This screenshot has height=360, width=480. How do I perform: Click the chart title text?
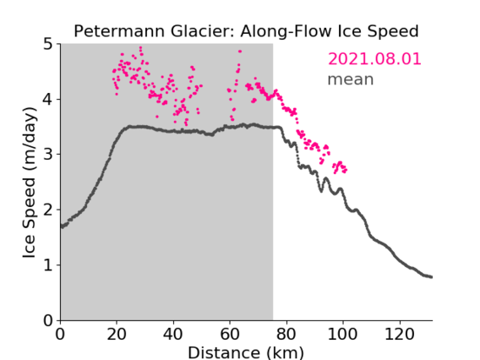pyautogui.click(x=246, y=31)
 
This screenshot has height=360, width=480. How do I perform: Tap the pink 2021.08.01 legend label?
pyautogui.click(x=374, y=59)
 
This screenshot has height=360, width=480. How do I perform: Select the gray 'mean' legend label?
pyautogui.click(x=351, y=79)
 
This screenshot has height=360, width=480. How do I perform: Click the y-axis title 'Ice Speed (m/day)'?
pyautogui.click(x=30, y=183)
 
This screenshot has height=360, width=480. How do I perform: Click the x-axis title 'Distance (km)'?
pyautogui.click(x=246, y=352)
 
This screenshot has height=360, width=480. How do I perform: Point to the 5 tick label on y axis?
pyautogui.click(x=48, y=45)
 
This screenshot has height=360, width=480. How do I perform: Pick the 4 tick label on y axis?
pyautogui.click(x=48, y=100)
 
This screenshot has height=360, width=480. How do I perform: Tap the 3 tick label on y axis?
pyautogui.click(x=48, y=155)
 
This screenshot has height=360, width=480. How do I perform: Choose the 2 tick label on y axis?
pyautogui.click(x=48, y=210)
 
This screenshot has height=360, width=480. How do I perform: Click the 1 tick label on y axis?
pyautogui.click(x=48, y=265)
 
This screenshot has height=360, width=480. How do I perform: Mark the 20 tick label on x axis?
pyautogui.click(x=117, y=334)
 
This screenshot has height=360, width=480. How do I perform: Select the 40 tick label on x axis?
pyautogui.click(x=173, y=334)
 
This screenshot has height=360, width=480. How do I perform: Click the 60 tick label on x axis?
pyautogui.click(x=230, y=334)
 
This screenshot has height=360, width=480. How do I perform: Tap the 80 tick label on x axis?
pyautogui.click(x=286, y=334)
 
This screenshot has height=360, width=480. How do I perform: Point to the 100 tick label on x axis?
pyautogui.click(x=342, y=334)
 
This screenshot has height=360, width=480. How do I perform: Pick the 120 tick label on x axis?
pyautogui.click(x=399, y=334)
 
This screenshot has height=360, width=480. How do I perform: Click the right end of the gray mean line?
pyautogui.click(x=431, y=277)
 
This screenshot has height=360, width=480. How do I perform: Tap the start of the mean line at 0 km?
pyautogui.click(x=62, y=226)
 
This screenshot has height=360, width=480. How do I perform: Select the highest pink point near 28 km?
pyautogui.click(x=140, y=48)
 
